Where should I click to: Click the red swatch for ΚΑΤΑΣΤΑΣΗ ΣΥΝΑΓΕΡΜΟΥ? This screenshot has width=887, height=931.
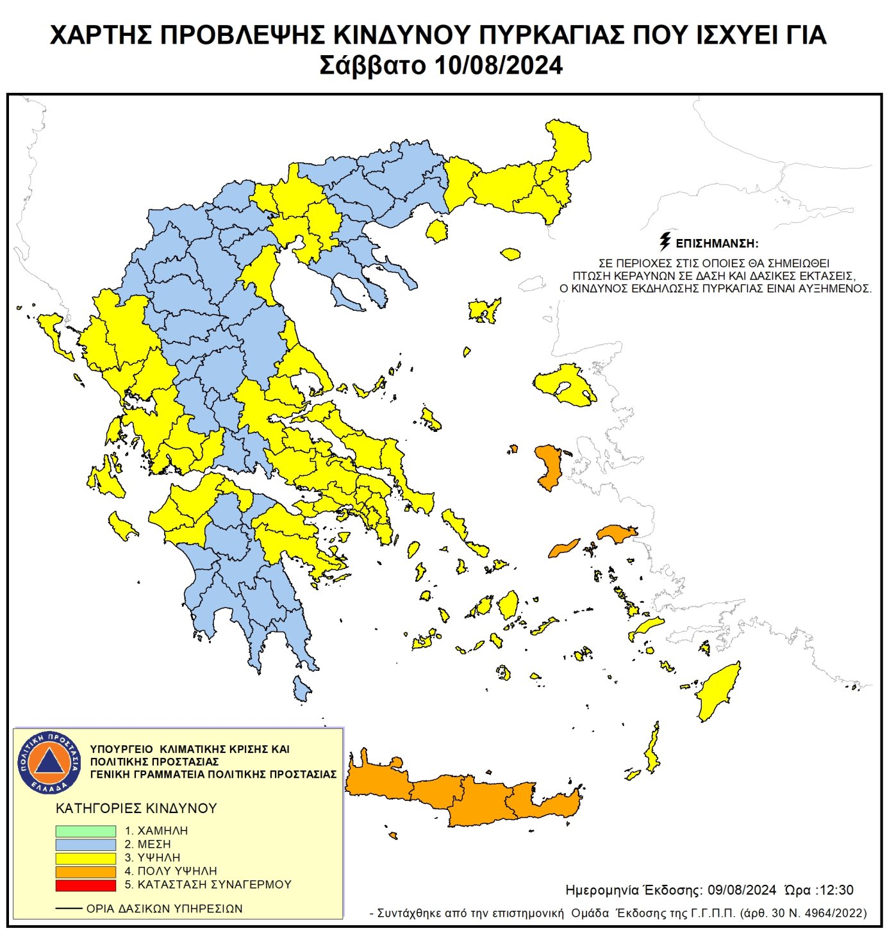[85, 885]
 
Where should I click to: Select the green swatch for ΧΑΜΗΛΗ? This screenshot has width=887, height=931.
[85, 830]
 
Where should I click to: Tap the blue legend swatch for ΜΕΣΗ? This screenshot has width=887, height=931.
[85, 844]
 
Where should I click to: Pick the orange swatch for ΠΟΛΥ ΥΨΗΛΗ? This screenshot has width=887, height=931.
[85, 871]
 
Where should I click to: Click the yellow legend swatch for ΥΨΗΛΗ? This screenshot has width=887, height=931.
[85, 858]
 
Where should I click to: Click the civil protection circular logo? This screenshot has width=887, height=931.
[49, 762]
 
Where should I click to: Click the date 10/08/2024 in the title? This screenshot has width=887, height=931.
[498, 65]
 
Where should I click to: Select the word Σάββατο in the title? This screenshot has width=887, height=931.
[372, 65]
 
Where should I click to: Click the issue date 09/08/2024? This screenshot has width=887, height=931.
[742, 890]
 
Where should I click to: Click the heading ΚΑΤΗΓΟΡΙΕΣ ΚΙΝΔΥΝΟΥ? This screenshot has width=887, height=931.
[137, 808]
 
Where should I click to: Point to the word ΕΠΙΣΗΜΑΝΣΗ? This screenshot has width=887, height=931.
[717, 243]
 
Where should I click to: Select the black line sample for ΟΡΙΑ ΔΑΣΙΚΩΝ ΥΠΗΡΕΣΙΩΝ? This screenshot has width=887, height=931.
[69, 909]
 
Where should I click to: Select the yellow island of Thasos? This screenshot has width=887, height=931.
[438, 231]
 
